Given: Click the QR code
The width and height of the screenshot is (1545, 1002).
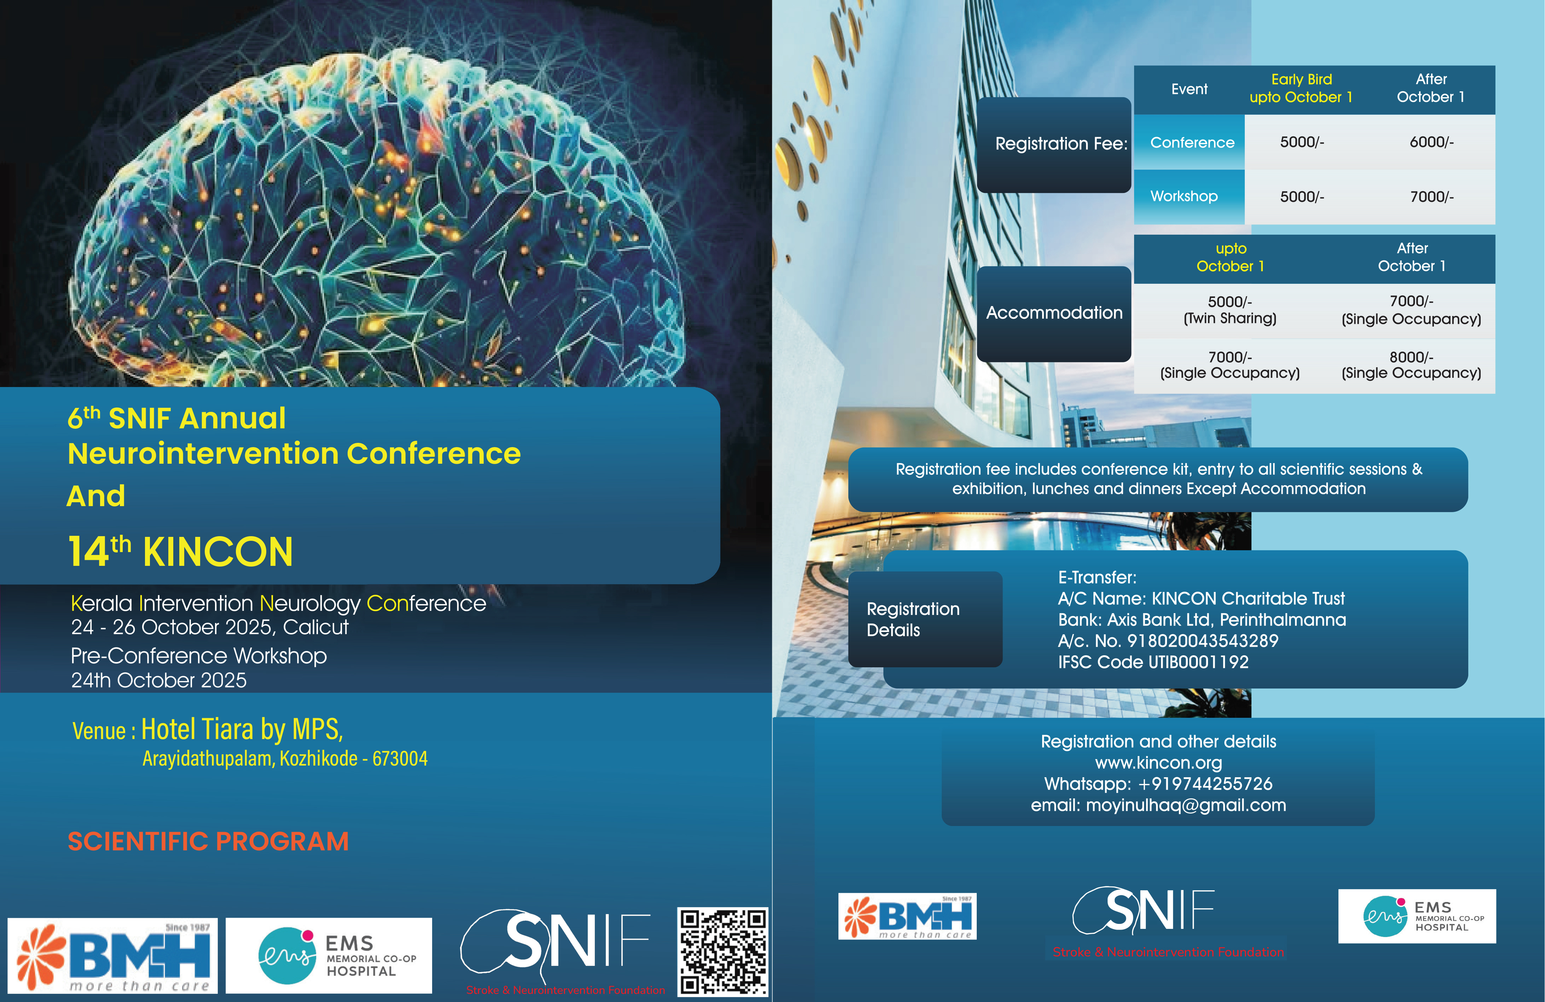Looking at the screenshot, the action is (x=722, y=951).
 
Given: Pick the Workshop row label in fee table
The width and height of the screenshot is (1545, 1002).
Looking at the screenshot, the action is (x=1184, y=196).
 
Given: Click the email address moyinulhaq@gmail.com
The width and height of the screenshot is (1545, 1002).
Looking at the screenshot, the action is (x=1185, y=805).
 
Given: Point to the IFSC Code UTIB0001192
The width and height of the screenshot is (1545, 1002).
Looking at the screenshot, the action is (x=1153, y=662).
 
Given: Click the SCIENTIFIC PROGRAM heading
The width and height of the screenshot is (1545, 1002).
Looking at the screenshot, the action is (x=208, y=841).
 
